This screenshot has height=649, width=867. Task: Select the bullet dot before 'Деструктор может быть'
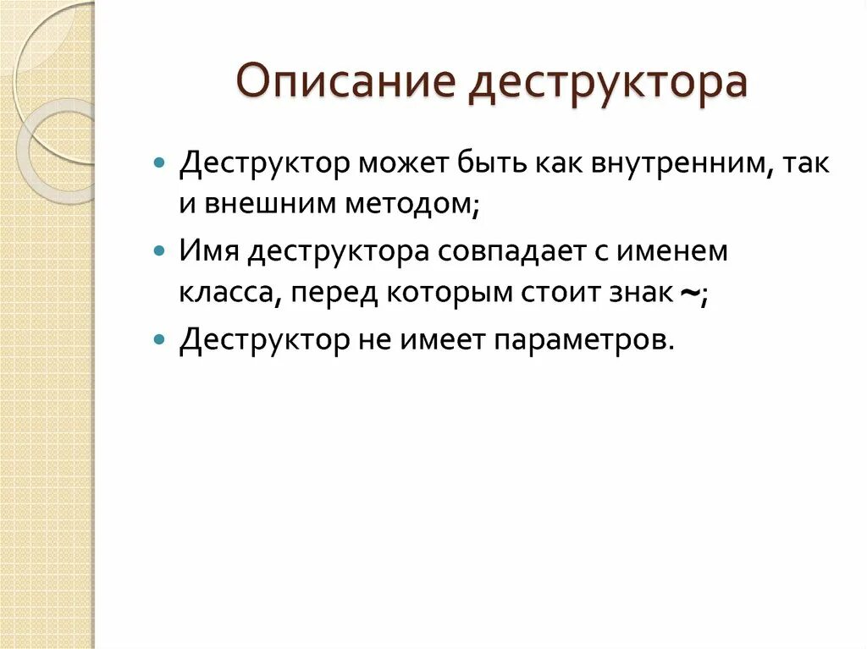(159, 162)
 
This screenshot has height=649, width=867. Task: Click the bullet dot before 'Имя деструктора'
(159, 251)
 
